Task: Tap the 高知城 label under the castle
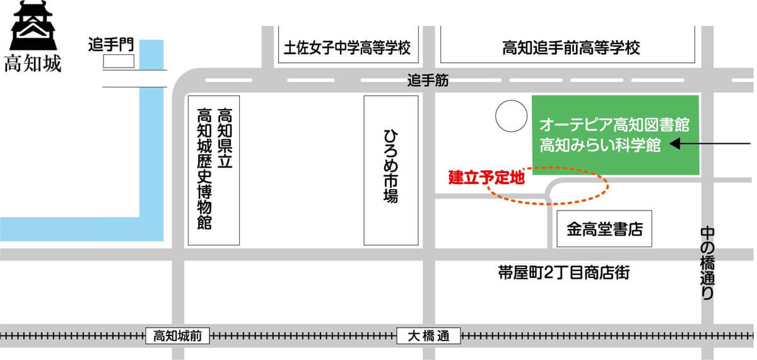(x=33, y=65)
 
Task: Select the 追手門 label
(x=111, y=45)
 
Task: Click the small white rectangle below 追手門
(x=119, y=61)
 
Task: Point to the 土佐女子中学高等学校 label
(x=348, y=48)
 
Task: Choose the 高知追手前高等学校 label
(x=571, y=48)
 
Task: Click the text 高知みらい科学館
(x=600, y=145)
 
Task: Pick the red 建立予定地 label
(x=486, y=177)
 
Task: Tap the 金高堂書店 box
(x=604, y=229)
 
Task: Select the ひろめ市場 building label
(x=391, y=170)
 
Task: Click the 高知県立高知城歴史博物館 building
(x=214, y=170)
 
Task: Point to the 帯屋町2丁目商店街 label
(x=563, y=272)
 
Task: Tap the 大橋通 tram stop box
(x=429, y=336)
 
